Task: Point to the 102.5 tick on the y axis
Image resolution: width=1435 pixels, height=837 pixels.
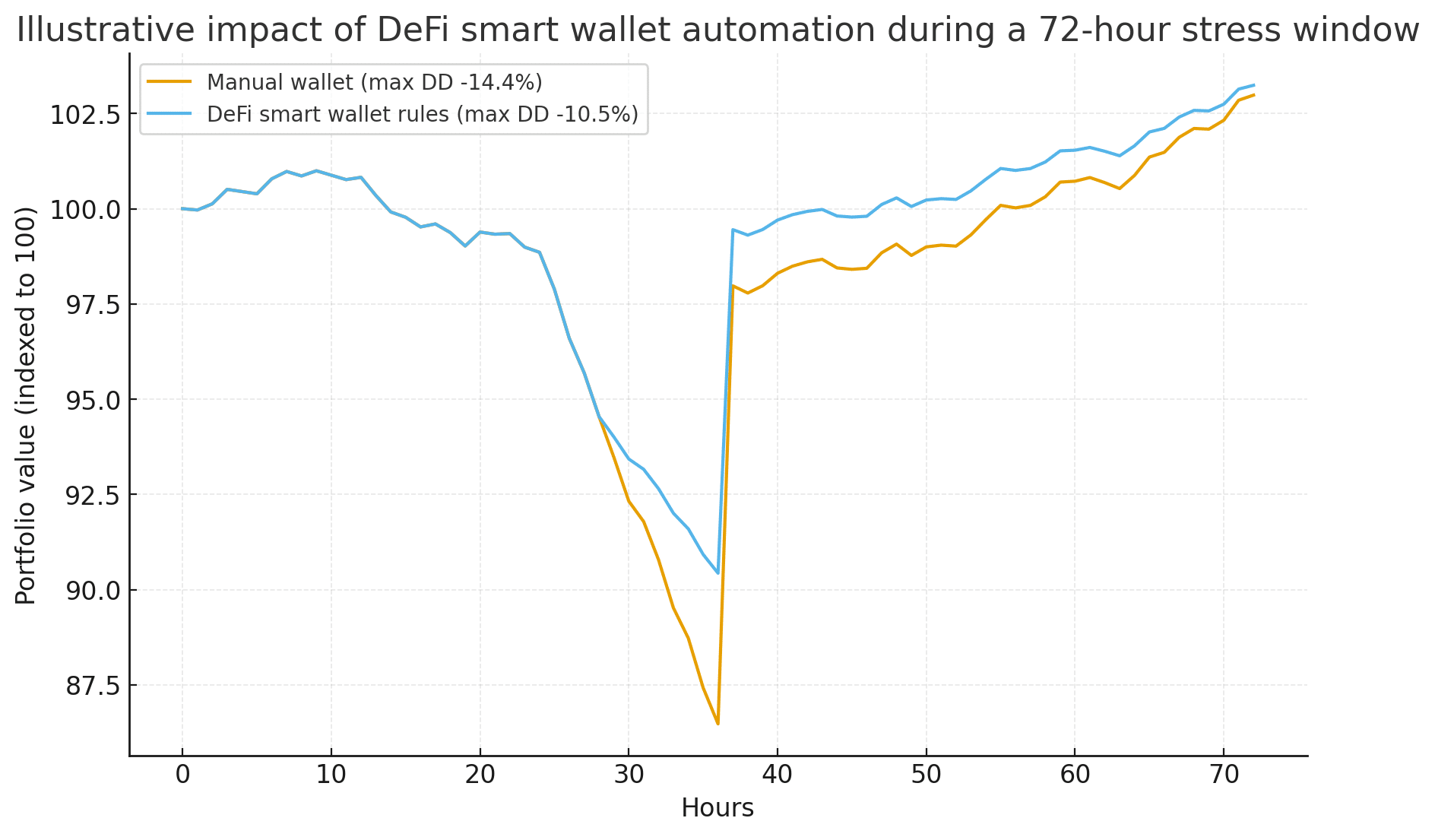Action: (84, 115)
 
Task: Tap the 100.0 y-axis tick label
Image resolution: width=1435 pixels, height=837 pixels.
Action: (84, 210)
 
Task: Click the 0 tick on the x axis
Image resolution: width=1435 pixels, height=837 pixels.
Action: (182, 775)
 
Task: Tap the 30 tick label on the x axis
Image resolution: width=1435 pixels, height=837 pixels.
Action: (629, 775)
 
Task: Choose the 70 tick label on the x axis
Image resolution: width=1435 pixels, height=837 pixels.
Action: (1224, 775)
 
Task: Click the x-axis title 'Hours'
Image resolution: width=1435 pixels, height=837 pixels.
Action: (717, 808)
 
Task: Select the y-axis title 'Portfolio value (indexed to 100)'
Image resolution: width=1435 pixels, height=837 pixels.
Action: (27, 405)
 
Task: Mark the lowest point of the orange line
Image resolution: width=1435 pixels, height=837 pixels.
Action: (717, 724)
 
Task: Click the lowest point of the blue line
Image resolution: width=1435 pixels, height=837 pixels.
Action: (717, 572)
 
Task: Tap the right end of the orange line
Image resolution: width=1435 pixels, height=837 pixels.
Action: (1253, 95)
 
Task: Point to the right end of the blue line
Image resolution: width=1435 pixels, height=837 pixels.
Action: (1253, 85)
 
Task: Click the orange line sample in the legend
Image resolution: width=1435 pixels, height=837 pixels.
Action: (169, 82)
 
